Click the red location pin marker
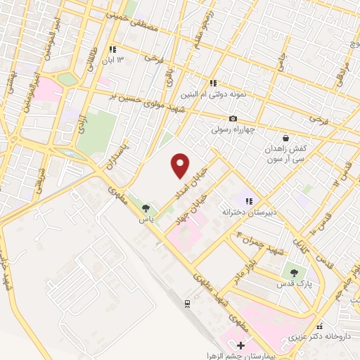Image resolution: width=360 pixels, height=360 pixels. [x=181, y=166]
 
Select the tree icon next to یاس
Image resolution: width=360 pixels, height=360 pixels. [x=146, y=208]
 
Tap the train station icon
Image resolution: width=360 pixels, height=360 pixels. [x=188, y=303]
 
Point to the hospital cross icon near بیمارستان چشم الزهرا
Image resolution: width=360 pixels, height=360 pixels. [x=241, y=345]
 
